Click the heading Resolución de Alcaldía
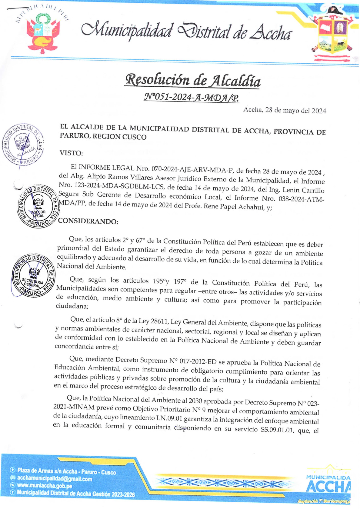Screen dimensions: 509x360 coord(193,80)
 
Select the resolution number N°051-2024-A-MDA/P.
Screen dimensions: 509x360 coord(191,97)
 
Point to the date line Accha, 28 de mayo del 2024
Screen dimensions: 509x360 coord(285,110)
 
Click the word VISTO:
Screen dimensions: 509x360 coord(71,153)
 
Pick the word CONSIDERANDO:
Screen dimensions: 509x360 coord(88,221)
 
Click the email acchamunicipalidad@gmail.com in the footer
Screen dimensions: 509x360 coord(55,479)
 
